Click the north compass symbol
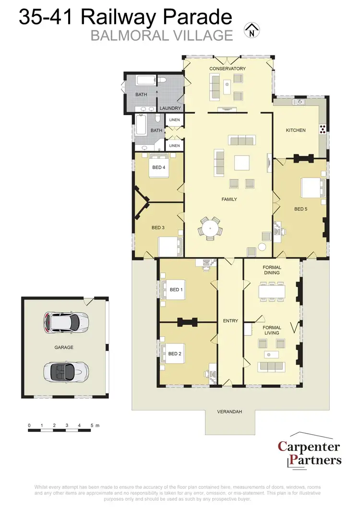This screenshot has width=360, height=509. click(251, 31)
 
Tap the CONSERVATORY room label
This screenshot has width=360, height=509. click(228, 69)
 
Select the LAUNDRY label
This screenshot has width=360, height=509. click(170, 108)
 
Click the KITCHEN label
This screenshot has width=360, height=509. click(296, 130)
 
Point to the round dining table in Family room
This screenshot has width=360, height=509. click(210, 227)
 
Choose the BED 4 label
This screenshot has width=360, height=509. click(159, 167)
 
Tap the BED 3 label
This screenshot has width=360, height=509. click(158, 227)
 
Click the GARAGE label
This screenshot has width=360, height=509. click(64, 347)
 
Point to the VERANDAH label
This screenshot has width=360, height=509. click(229, 412)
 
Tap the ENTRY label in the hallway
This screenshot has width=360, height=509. click(230, 321)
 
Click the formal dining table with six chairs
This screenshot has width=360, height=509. click(272, 291)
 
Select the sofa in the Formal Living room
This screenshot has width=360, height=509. click(272, 367)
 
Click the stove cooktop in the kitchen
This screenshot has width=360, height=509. click(323, 128)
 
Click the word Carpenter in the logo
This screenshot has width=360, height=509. click(309, 447)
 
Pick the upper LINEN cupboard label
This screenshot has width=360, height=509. click(175, 119)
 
